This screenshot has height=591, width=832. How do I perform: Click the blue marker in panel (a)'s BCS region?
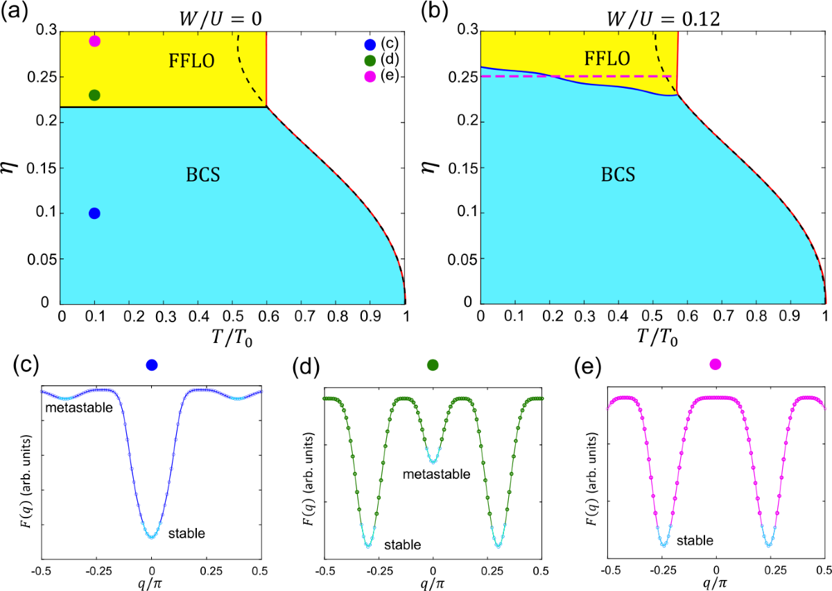click(94, 213)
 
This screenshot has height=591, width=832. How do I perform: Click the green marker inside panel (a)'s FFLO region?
click(94, 95)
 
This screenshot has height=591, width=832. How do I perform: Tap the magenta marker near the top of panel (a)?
click(94, 41)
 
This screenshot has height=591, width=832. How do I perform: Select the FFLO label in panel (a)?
click(191, 61)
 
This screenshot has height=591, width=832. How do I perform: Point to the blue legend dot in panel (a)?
click(370, 45)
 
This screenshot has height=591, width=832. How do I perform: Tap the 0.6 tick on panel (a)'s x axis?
click(267, 316)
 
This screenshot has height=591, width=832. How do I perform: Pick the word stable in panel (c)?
click(186, 533)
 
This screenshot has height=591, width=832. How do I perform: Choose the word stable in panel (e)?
click(695, 538)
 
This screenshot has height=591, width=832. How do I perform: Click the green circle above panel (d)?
click(433, 364)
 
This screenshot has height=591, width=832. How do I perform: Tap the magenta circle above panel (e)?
click(716, 364)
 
